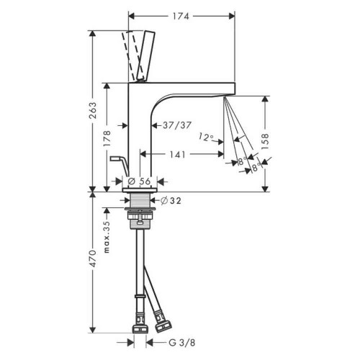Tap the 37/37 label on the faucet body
[x=177, y=125]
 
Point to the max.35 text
[x=107, y=238]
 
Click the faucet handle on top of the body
[x=142, y=53]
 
